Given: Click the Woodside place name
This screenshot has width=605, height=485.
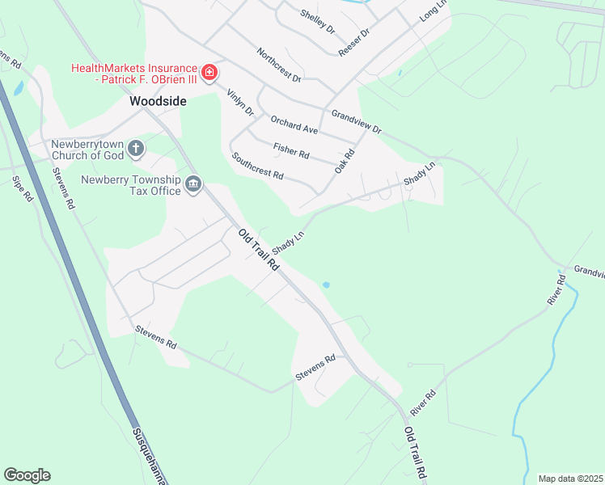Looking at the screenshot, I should [159, 102].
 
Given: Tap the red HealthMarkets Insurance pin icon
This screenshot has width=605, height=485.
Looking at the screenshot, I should [209, 74].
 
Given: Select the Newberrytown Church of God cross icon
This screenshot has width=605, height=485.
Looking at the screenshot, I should [137, 148].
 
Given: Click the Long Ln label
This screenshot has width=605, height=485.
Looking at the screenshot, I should [433, 11].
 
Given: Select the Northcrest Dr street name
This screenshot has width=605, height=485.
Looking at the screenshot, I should [279, 65].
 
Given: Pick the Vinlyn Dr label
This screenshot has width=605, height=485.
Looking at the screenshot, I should [240, 101].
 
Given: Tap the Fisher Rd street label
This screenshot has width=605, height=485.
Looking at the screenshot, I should [291, 150].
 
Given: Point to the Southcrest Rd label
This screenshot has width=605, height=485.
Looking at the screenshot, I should [257, 166].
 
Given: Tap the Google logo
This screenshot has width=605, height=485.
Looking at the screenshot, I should [27, 475].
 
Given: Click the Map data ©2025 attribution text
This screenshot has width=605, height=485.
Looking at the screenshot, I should [571, 479].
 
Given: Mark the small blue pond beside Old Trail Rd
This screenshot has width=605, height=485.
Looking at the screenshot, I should [325, 285].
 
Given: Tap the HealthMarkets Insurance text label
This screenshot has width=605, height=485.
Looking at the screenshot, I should [134, 74].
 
